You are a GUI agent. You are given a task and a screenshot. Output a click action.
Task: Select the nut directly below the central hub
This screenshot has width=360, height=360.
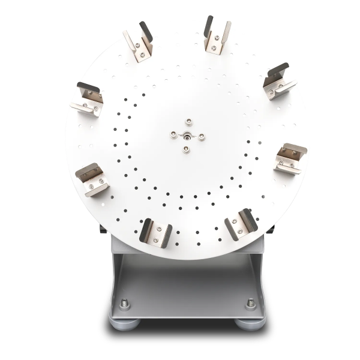(x=187, y=148)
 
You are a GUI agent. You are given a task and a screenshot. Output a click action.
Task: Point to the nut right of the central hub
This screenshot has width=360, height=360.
(x=201, y=136)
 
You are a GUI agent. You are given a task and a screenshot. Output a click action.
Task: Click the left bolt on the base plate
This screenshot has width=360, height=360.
(x=124, y=303)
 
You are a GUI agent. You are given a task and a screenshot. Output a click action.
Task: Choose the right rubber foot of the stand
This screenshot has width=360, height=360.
(x=250, y=325)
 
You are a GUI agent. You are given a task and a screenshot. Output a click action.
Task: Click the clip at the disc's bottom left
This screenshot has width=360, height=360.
(x=156, y=232)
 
